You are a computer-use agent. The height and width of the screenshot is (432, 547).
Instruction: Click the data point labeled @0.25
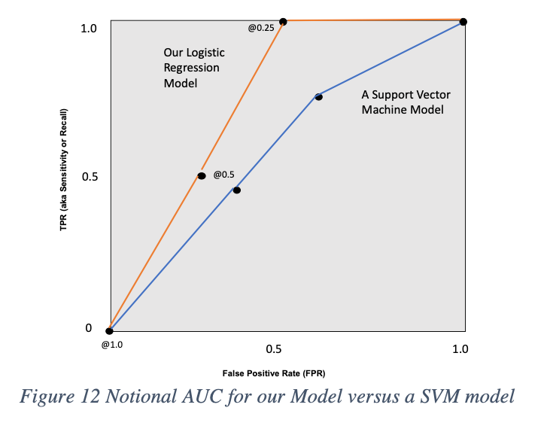[x=283, y=21]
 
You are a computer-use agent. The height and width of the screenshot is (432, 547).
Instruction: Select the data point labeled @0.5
[x=202, y=175]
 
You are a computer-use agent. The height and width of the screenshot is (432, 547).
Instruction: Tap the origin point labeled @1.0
[x=110, y=330]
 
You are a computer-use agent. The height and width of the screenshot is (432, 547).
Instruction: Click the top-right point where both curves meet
[x=463, y=22]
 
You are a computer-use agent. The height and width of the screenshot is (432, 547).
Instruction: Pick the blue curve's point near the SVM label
[x=318, y=96]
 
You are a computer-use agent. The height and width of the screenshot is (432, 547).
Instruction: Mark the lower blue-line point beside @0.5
[x=236, y=190]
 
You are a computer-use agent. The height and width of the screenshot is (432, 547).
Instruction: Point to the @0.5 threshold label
[x=223, y=175]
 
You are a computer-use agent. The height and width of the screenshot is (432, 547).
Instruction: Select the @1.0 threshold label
[x=111, y=345]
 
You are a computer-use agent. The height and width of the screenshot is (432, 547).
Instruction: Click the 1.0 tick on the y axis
[x=89, y=29]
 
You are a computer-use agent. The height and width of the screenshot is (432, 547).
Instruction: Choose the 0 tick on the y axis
[x=88, y=328]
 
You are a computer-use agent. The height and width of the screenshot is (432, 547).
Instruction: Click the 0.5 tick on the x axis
[x=274, y=349]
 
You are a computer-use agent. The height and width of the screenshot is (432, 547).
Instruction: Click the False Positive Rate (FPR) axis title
[x=273, y=373]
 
